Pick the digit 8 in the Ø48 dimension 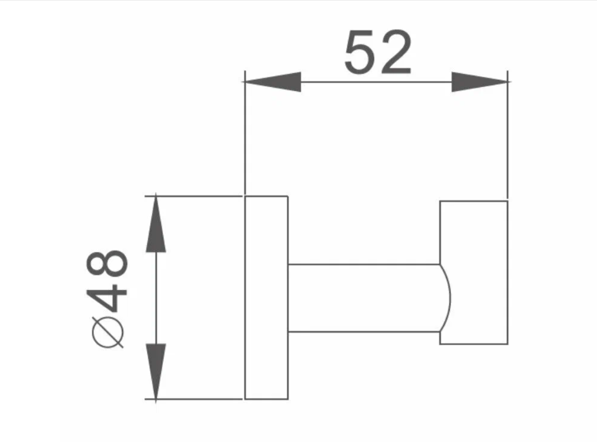(109, 264)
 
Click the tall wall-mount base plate (266, 297)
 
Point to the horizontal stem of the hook (364, 298)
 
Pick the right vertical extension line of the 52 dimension (507, 138)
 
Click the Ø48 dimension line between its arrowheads (156, 297)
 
